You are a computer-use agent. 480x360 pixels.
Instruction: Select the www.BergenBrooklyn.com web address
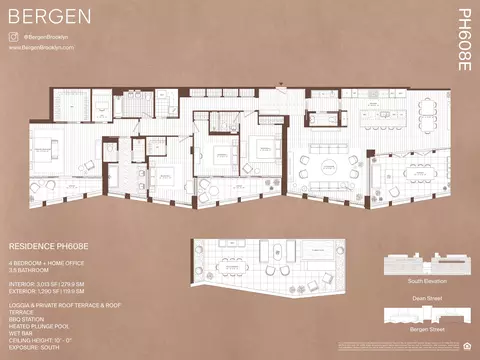click(42, 46)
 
